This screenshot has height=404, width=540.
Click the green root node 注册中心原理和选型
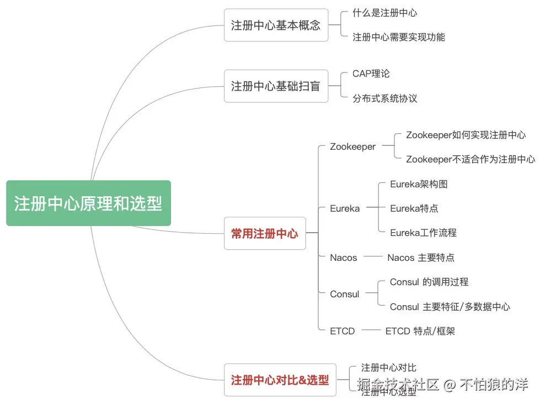[88, 203]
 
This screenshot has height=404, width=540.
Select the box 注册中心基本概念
[276, 25]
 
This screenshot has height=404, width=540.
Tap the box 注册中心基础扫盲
[276, 86]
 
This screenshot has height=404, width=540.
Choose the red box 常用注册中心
[265, 233]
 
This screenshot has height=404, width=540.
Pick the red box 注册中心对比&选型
[280, 380]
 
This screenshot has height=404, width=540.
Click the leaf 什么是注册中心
[385, 13]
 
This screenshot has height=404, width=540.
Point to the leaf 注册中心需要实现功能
[399, 37]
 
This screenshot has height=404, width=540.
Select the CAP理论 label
[371, 74]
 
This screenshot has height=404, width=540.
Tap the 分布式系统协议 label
[385, 98]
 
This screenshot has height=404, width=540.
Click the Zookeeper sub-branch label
[353, 146]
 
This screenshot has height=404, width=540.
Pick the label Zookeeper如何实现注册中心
[466, 135]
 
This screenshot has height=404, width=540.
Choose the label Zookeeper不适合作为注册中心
[471, 159]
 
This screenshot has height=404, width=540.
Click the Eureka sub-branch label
[345, 208]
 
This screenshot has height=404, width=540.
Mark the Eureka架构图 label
[419, 184]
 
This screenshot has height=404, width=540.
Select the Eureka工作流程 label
[423, 233]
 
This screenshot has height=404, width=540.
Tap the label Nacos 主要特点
[421, 258]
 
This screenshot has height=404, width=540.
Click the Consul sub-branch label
[345, 294]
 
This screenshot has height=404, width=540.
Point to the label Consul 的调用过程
[429, 282]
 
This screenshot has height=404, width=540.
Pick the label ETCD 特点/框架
[420, 331]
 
